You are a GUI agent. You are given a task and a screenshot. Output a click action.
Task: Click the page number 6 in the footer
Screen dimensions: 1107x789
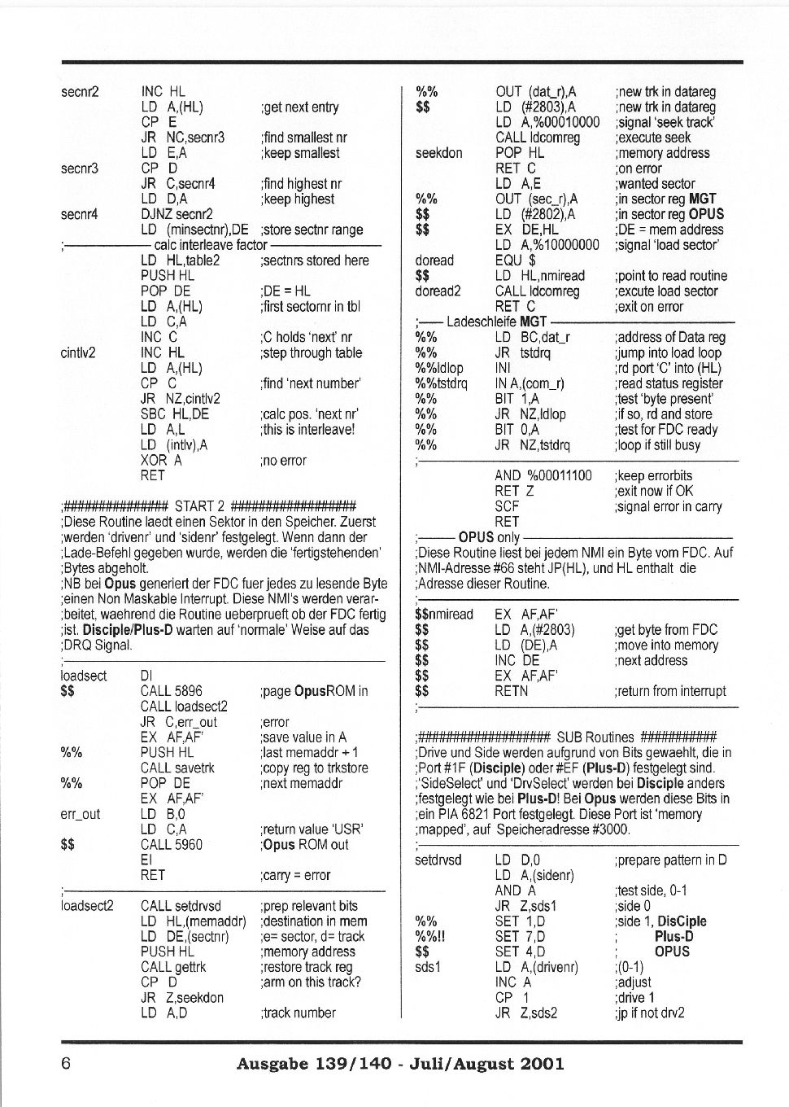click(67, 1063)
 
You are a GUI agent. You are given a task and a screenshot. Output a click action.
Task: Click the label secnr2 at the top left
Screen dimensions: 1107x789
click(80, 92)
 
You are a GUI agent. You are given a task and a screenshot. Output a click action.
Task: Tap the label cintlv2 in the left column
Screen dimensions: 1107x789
click(78, 352)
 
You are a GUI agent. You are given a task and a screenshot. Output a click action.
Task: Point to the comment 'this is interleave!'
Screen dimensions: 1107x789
click(307, 429)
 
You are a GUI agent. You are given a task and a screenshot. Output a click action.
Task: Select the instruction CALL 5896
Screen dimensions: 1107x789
click(171, 691)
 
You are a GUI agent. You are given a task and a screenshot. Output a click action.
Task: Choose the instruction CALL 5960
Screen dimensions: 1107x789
click(171, 844)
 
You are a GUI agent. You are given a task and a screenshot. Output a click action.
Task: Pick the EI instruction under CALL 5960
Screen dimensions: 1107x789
click(146, 860)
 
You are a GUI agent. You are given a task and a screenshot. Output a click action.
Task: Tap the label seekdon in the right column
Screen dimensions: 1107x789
click(438, 153)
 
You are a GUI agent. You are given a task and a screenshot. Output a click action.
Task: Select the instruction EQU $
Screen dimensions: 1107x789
click(516, 260)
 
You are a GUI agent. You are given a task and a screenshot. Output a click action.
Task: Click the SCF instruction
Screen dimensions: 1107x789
click(507, 506)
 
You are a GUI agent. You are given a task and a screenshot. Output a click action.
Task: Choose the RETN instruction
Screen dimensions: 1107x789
click(512, 691)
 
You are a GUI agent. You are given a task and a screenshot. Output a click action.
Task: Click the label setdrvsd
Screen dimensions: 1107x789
click(438, 860)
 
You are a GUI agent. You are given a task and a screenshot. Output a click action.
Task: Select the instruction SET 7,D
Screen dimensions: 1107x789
click(520, 936)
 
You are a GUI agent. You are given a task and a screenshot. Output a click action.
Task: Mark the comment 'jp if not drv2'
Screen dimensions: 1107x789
click(650, 1013)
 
